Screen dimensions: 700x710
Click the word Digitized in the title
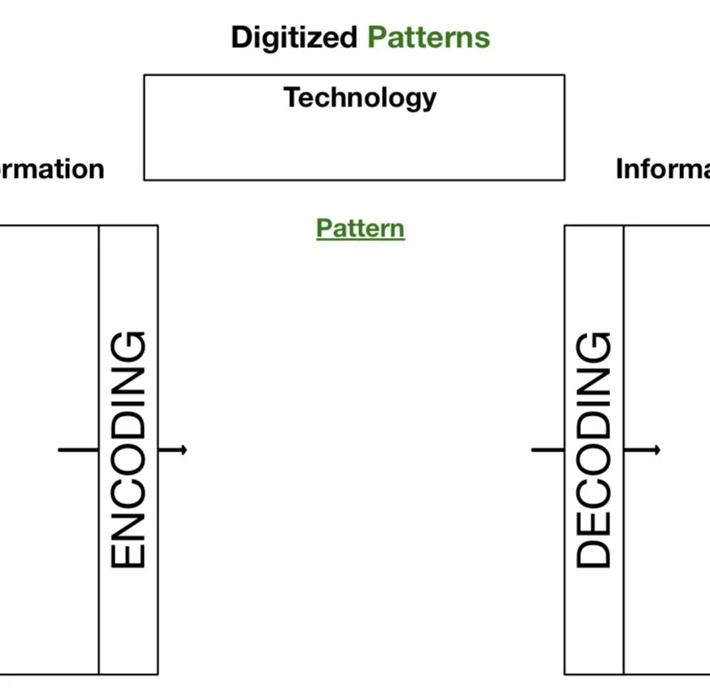[x=293, y=37]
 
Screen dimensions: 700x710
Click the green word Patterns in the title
[x=428, y=37]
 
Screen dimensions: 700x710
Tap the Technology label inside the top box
[x=359, y=98]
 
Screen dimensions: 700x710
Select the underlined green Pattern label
[x=360, y=228]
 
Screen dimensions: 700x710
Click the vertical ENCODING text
[x=128, y=449]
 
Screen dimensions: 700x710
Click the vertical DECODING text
[x=594, y=449]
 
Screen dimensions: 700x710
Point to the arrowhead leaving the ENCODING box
[x=184, y=449]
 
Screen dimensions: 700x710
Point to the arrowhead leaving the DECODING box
[x=657, y=449]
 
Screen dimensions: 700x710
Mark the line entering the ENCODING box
[x=78, y=449]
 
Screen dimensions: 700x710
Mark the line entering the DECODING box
[x=548, y=449]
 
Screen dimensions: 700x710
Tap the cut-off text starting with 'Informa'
[x=662, y=169]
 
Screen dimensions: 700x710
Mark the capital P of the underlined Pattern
[x=323, y=228]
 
